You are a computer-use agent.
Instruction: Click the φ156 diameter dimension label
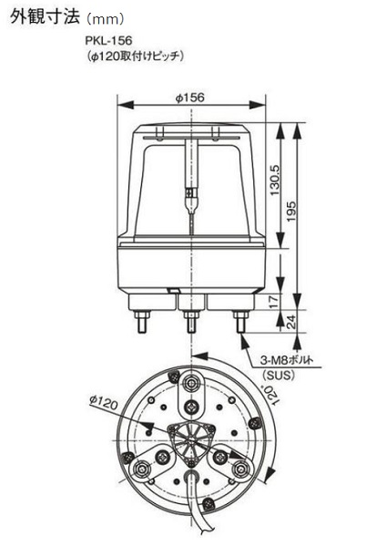190,98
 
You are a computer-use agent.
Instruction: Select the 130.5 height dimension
276,180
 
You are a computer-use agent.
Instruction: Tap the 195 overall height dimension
290,211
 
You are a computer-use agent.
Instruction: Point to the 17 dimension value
275,301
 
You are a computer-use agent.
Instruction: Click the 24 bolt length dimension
290,321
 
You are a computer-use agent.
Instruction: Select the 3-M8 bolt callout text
287,360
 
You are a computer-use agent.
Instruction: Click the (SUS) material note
279,375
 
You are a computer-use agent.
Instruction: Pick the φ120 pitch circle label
103,403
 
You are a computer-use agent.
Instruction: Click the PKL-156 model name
108,40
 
